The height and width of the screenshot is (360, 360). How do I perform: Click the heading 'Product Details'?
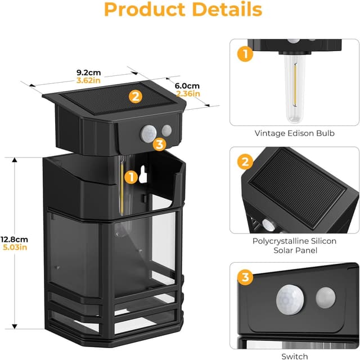point(183,10)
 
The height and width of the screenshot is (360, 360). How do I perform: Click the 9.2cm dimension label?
point(88,72)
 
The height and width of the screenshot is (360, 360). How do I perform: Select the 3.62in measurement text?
point(88,80)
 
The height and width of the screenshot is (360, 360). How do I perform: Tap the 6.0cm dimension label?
point(187,85)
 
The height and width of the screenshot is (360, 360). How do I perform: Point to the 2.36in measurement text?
point(188,93)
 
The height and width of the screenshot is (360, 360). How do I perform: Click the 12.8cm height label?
point(14,239)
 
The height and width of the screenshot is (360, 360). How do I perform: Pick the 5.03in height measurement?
point(14,248)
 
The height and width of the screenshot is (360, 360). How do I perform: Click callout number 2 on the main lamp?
point(134,96)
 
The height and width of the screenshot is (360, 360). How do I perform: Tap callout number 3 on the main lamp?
point(159,145)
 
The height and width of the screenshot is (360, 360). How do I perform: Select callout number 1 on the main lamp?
point(130,177)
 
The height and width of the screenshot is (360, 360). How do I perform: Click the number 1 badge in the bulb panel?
point(244,55)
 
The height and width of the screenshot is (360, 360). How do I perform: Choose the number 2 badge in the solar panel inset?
point(244,163)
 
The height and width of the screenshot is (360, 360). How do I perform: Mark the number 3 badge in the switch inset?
point(244,277)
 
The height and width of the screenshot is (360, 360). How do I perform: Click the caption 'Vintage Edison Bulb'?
point(294,133)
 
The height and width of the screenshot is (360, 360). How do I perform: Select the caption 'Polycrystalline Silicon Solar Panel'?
point(294,245)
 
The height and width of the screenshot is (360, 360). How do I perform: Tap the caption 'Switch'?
point(294,355)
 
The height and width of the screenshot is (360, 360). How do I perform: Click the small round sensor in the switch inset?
point(326,296)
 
